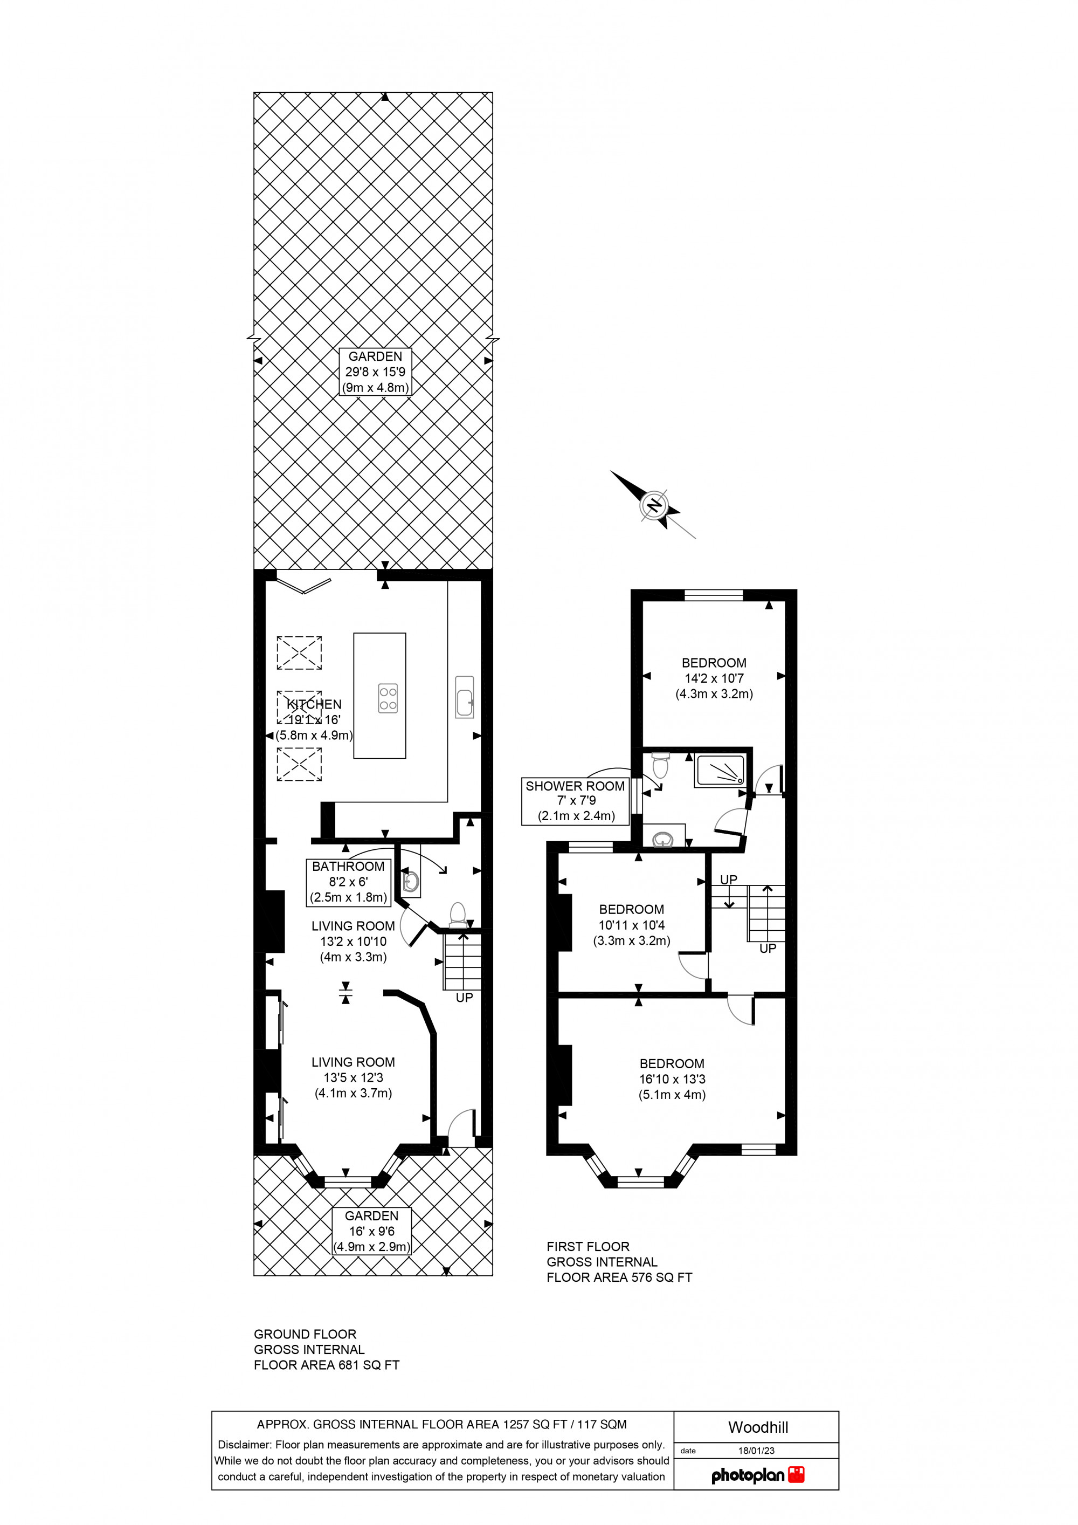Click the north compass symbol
click(654, 506)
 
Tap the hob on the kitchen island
click(388, 698)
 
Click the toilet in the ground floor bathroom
click(458, 913)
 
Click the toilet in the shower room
click(660, 765)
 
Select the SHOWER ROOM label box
click(575, 801)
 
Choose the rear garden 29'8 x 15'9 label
click(375, 372)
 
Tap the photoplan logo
click(757, 1475)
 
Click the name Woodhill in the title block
click(757, 1427)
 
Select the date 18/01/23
click(756, 1451)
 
